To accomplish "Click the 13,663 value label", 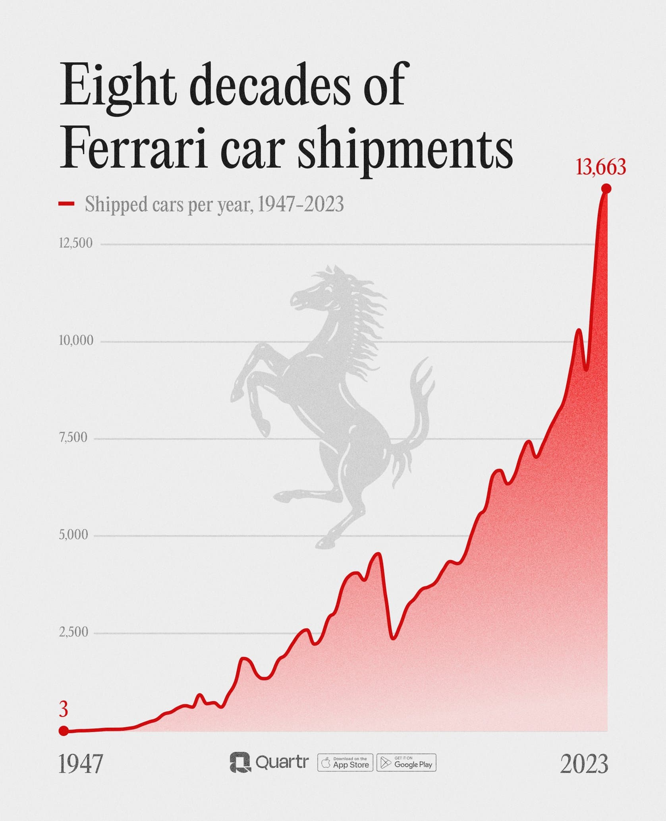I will coord(600,167).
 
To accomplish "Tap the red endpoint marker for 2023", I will coord(606,189).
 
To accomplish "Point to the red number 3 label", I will coord(64,709).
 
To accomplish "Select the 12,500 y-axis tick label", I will coord(76,243).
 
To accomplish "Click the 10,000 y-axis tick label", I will coord(76,340).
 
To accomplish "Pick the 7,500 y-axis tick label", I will coord(73,438).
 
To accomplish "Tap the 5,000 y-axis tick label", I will coord(73,535).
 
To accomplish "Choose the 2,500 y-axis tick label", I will coord(73,632).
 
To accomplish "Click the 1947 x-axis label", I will coord(81,764).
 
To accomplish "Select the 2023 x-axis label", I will coord(584,764).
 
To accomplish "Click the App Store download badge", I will coord(345,763).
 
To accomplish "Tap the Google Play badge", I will coord(406,763).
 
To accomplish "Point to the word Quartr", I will coord(282,762).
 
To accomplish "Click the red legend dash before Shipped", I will coord(66,204).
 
